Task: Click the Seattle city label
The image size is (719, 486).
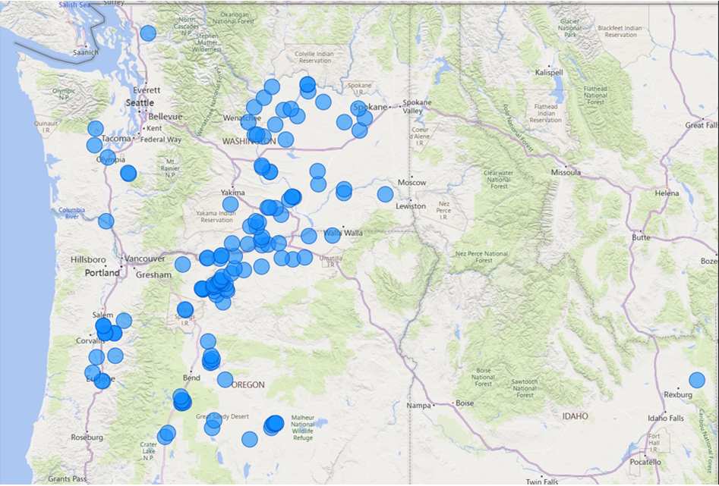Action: (140, 102)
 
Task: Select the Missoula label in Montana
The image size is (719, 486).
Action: (566, 172)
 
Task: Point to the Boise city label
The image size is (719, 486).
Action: (465, 403)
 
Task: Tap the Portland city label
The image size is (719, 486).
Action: (103, 272)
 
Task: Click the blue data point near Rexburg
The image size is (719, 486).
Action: (696, 381)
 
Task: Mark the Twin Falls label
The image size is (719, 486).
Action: (544, 481)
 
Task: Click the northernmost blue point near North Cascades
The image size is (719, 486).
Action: (148, 33)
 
